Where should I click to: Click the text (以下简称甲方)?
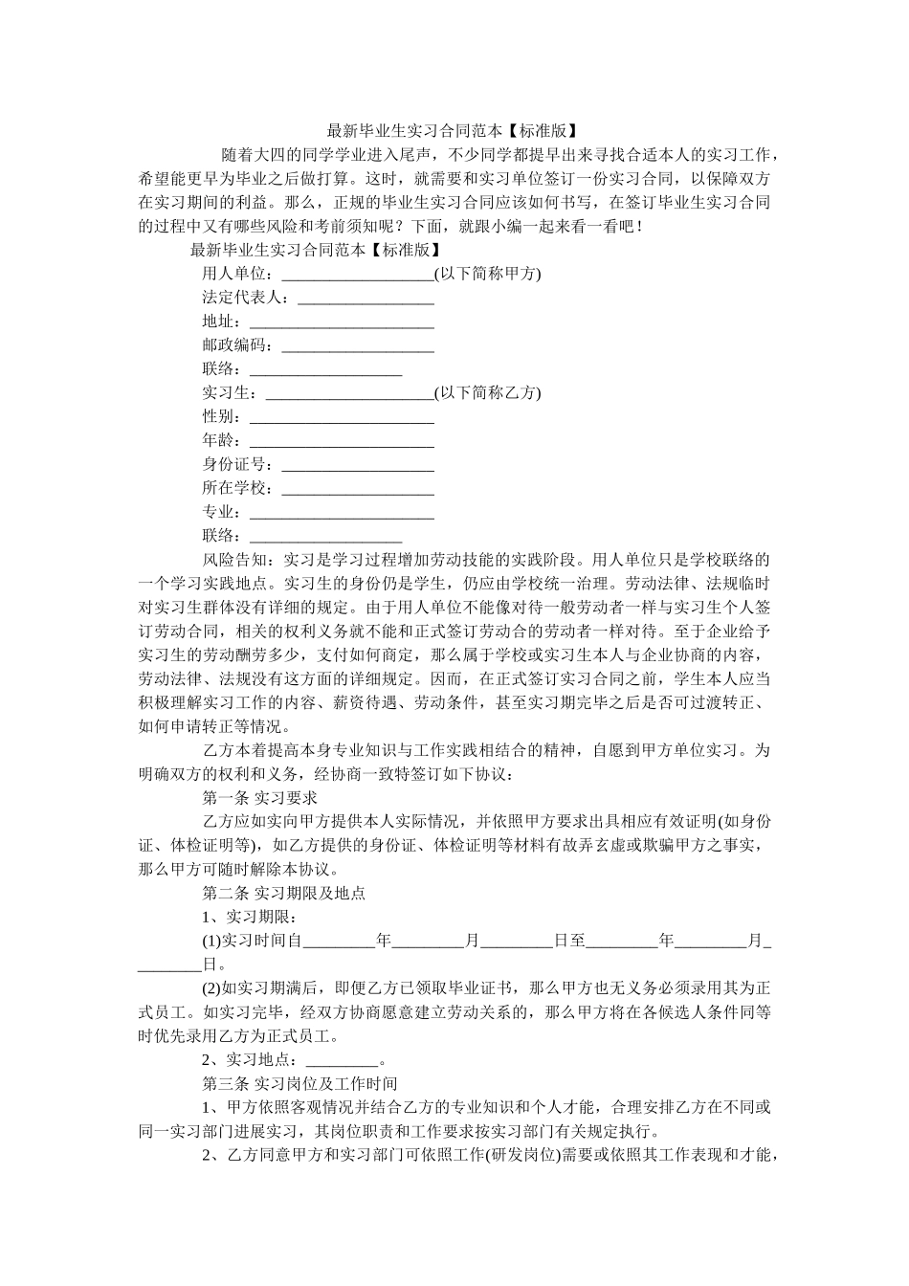[x=487, y=274]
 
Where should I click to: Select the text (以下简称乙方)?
[x=487, y=393]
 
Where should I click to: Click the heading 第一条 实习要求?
[x=260, y=798]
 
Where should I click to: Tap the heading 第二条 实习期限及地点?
[x=284, y=894]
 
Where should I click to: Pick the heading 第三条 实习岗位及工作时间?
[x=299, y=1083]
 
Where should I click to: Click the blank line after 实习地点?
[x=342, y=1061]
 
